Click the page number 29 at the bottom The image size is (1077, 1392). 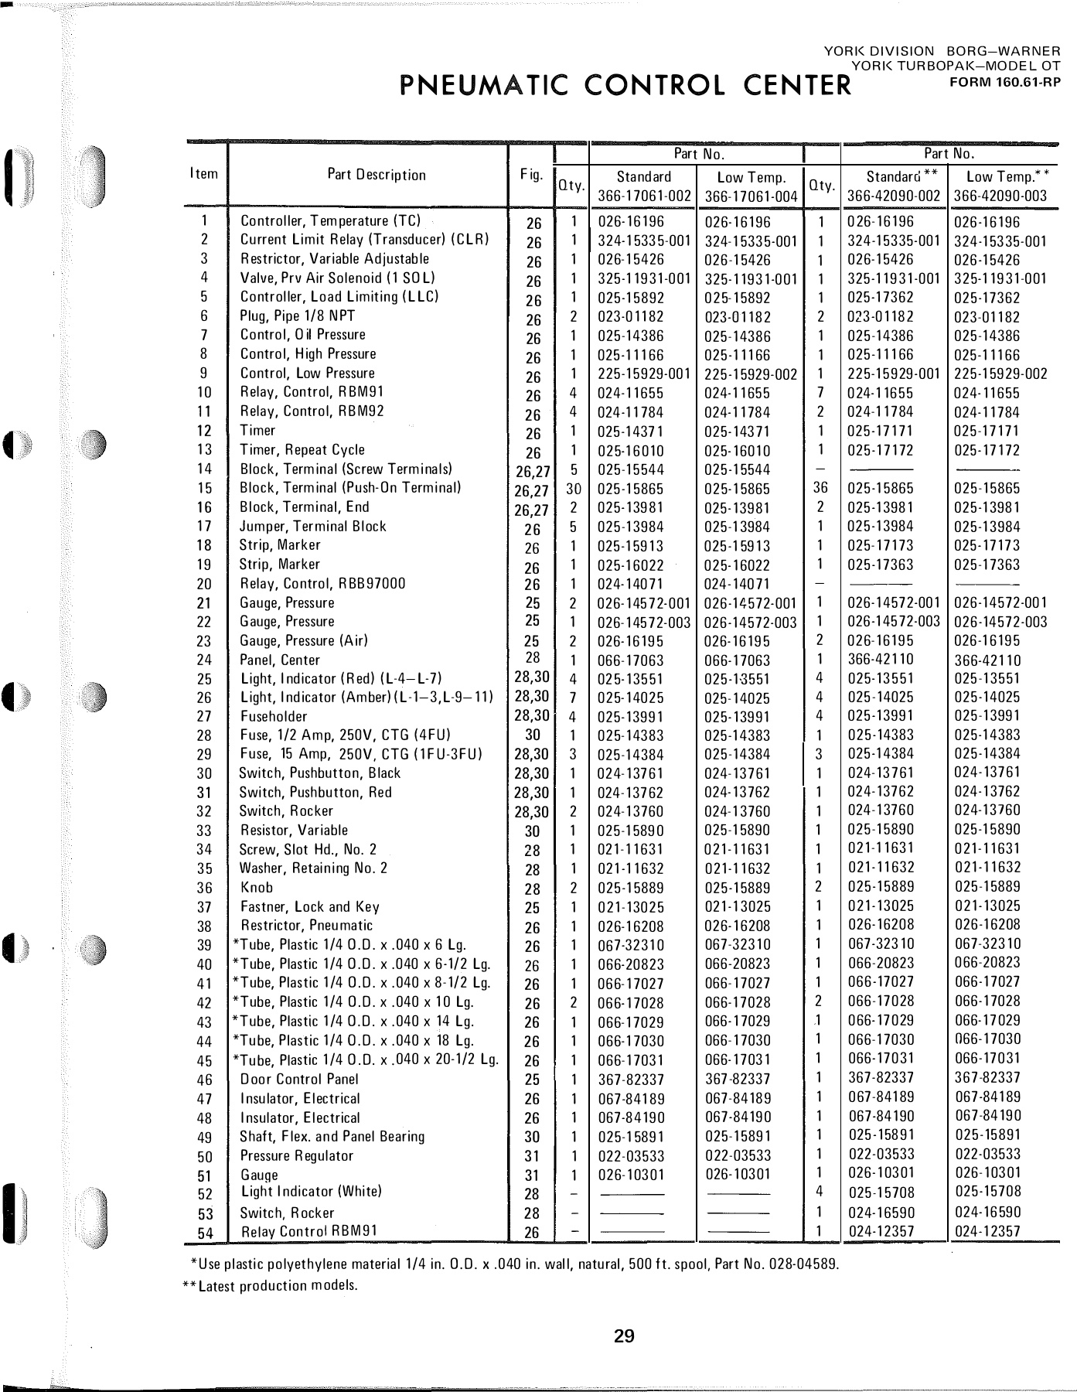pos(624,1336)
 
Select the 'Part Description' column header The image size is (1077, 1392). pos(377,175)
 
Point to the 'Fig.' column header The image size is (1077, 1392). pos(531,175)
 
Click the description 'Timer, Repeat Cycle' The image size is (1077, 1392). pos(302,450)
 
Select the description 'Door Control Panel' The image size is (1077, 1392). pos(299,1080)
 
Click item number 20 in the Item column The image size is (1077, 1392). pos(205,585)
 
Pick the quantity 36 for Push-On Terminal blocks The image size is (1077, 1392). pos(821,489)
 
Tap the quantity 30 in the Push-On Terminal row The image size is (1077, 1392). pos(573,489)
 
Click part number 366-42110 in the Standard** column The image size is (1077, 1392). pos(880,660)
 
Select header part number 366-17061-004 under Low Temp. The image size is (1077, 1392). pos(751,196)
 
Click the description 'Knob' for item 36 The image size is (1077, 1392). pos(257,888)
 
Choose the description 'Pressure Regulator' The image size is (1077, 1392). pos(296,1156)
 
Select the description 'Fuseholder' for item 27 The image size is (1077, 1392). pos(274,717)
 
